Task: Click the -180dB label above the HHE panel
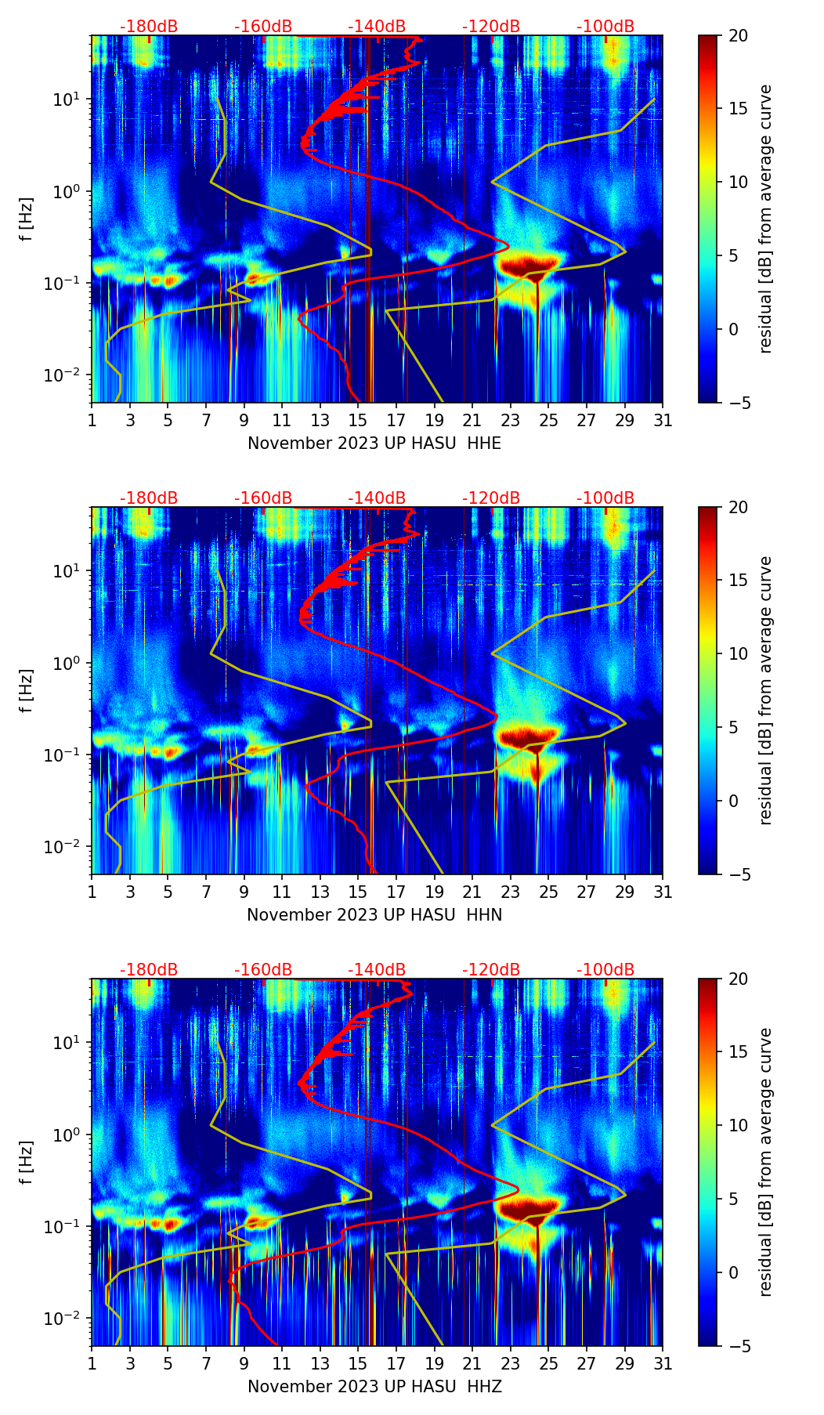(149, 27)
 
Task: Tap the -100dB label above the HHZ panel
(605, 970)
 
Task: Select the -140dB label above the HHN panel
(377, 498)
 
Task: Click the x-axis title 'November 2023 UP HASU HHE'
(374, 443)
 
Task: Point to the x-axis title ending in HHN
(374, 915)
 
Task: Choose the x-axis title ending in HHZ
(374, 1387)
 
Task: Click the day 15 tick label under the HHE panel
(358, 420)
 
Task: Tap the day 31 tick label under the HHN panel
(663, 892)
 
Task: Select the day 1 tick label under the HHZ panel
(92, 1363)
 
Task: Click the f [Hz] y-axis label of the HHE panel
(27, 219)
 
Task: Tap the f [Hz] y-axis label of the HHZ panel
(27, 1162)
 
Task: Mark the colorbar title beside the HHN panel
(765, 690)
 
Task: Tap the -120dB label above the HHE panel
(491, 27)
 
